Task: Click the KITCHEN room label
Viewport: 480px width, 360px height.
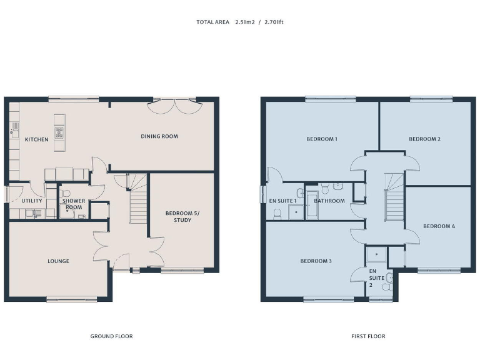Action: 36,139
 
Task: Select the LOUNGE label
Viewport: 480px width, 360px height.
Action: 58,261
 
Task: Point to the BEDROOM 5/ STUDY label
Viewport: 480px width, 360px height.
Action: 178,216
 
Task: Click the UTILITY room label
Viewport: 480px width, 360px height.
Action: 32,201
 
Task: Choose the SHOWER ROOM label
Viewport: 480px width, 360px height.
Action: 74,204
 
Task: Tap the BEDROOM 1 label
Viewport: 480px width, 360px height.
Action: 322,139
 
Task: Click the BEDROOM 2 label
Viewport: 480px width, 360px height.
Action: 425,139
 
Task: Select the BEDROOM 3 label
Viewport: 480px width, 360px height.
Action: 316,261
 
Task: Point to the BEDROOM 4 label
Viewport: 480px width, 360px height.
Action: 439,226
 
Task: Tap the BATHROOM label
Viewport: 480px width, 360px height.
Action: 329,201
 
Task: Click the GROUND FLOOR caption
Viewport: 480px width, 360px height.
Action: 111,336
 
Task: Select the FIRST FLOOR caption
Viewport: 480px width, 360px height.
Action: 368,336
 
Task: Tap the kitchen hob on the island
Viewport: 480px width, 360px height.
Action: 59,132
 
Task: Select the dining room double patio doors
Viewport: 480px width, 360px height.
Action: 175,106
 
